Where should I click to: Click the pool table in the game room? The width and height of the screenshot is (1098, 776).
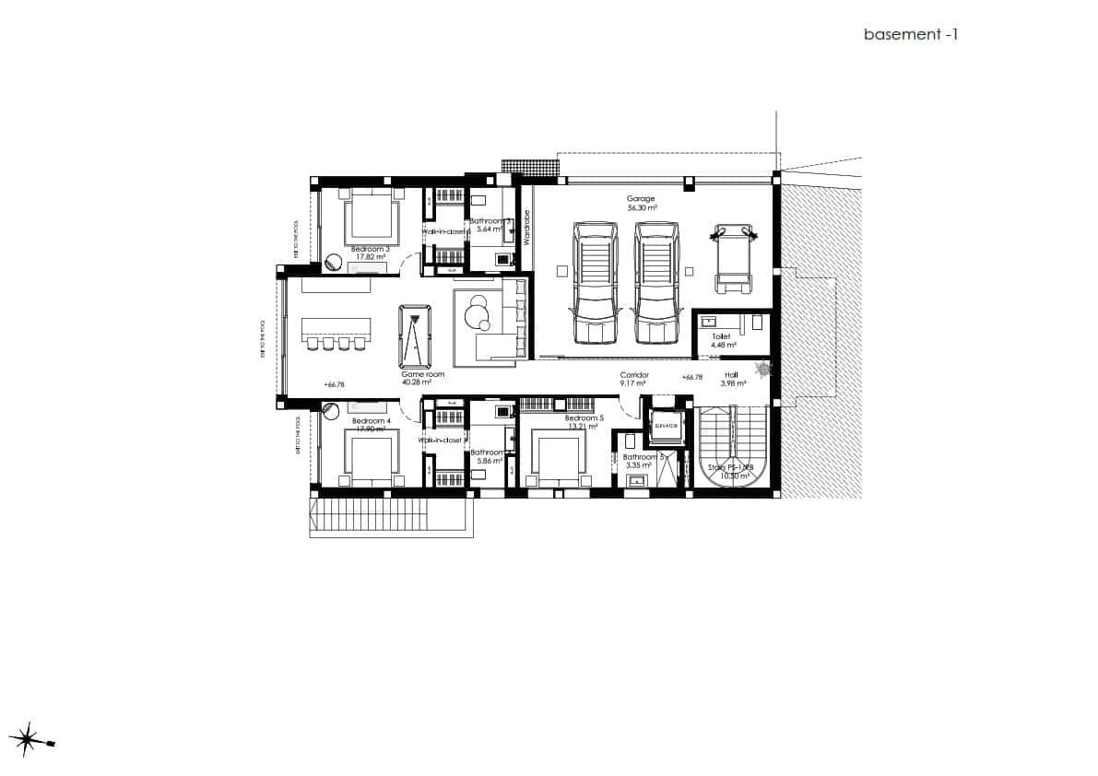tap(417, 335)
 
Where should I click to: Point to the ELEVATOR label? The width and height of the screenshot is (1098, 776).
tap(666, 427)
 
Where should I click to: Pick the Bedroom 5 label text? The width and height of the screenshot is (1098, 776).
tap(584, 418)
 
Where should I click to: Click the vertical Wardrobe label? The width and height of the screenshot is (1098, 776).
tap(527, 227)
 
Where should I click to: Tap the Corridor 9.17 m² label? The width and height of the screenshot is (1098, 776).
tap(634, 379)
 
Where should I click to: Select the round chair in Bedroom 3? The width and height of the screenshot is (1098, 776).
tap(333, 264)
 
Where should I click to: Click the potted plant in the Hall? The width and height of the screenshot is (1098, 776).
tap(762, 370)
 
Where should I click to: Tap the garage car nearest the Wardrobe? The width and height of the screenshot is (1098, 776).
tap(595, 281)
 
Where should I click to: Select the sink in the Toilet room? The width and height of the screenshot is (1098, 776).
tap(709, 322)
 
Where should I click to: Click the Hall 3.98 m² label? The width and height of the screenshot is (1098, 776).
tap(731, 379)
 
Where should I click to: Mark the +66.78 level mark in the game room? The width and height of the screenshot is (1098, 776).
tap(335, 384)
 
